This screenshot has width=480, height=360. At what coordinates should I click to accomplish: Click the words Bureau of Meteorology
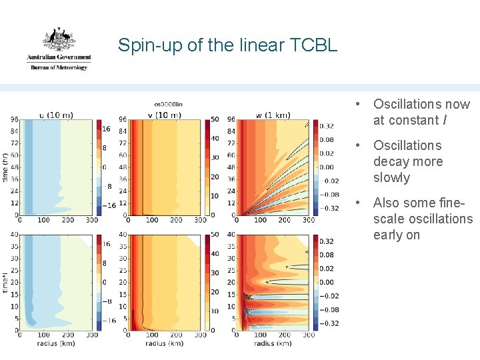(59, 67)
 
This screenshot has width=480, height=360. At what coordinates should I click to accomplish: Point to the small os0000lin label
(168, 104)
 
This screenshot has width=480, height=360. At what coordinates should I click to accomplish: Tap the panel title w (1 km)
(273, 115)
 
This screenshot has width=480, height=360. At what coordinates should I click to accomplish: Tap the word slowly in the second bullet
(391, 178)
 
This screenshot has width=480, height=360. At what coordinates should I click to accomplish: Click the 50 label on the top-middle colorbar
(215, 119)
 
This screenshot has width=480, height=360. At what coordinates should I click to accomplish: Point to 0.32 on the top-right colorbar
(327, 125)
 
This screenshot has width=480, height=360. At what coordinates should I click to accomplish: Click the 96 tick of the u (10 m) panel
(14, 119)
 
